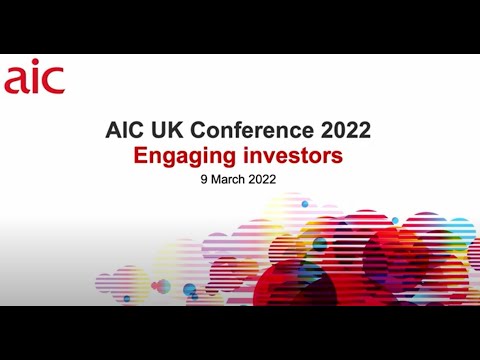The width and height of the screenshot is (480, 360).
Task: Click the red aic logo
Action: (x=34, y=79)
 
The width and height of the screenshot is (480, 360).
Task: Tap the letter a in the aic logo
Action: (x=15, y=81)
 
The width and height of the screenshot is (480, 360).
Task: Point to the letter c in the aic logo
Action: (x=54, y=81)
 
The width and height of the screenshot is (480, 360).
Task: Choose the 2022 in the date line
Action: (x=263, y=183)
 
